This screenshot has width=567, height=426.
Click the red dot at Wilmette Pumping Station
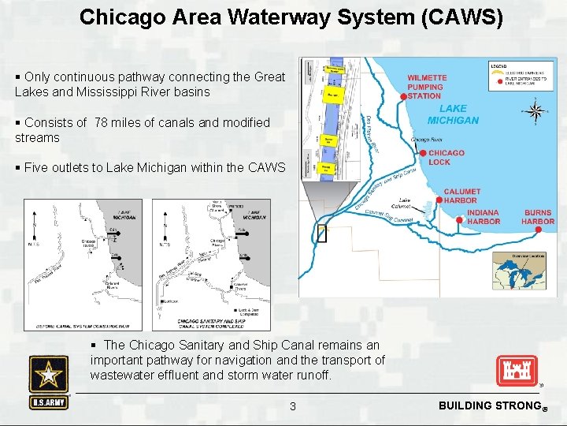pos(403,95)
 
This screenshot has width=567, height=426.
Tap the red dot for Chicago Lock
pos(423,152)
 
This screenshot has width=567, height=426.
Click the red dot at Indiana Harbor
pos(460,220)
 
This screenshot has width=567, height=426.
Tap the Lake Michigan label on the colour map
pos(453,114)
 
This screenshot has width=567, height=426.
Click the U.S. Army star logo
pos(49,375)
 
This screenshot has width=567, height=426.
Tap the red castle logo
pos(517,371)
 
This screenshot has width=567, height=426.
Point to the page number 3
pos(293,406)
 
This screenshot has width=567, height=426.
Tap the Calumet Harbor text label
pos(461,196)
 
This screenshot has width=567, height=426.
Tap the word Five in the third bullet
pos(36,167)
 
